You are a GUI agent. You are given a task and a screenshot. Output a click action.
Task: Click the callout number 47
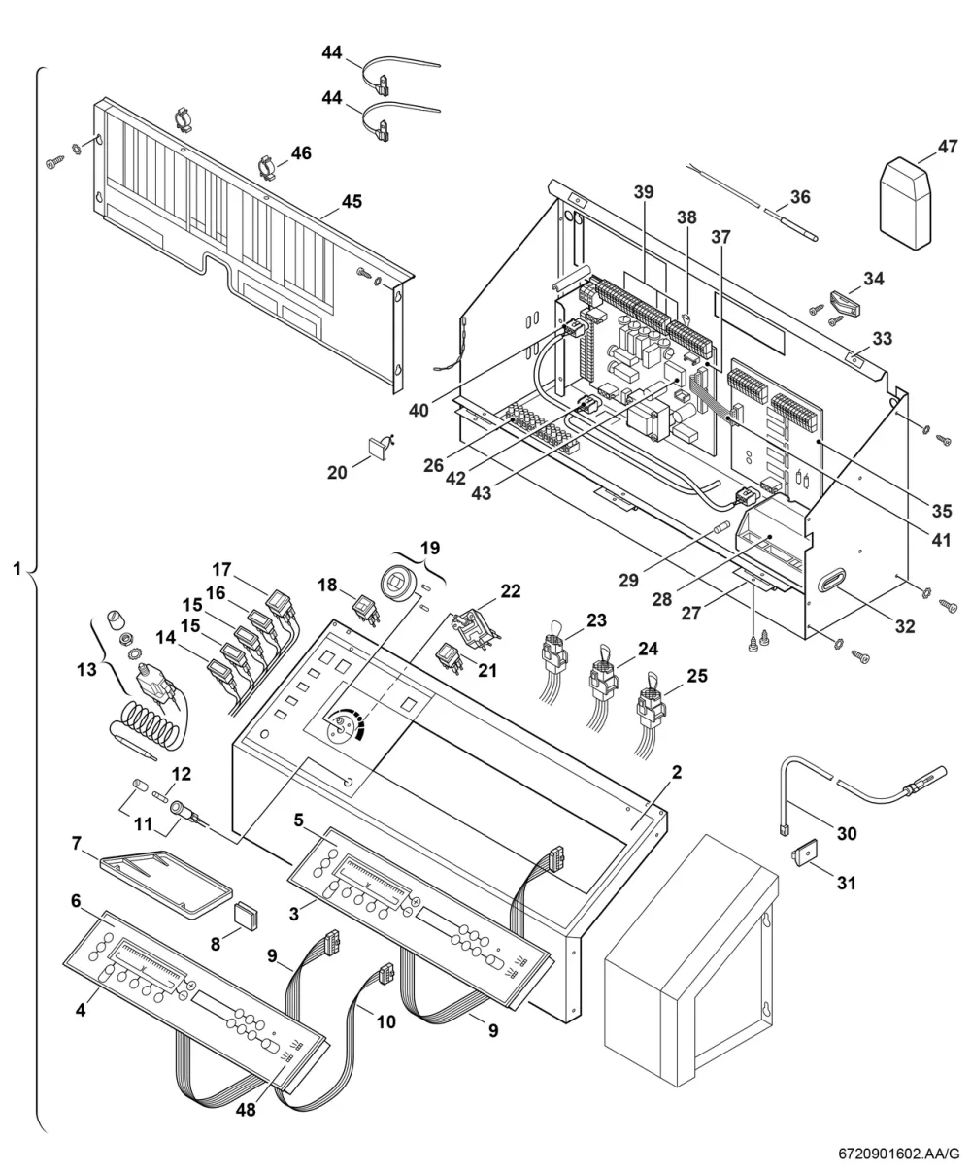point(948,147)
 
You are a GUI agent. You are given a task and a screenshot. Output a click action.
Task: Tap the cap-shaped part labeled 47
point(906,203)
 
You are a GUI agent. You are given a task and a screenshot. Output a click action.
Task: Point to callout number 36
point(800,197)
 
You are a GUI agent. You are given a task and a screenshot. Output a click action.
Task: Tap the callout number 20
point(337,473)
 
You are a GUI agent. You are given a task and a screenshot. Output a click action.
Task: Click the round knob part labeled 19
point(400,583)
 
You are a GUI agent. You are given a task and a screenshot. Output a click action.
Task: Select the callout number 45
point(352,201)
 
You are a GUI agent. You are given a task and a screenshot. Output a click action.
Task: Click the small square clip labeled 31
point(804,854)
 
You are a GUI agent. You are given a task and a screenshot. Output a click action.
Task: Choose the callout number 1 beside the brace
point(17,569)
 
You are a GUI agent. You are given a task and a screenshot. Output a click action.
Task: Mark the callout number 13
point(87,669)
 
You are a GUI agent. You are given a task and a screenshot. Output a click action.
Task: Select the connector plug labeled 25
point(651,708)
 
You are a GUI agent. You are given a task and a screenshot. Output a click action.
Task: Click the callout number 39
point(644,192)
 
